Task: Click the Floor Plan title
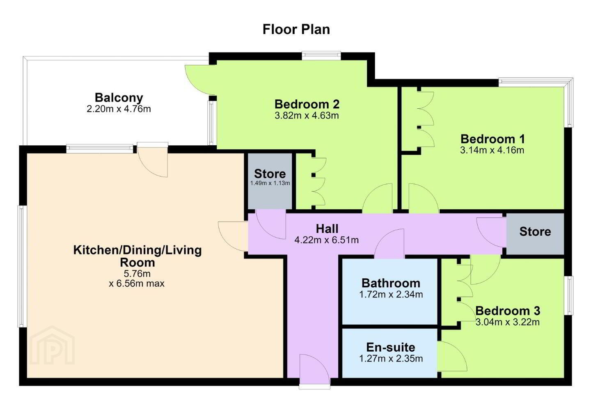point(296,29)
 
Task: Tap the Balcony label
point(119,98)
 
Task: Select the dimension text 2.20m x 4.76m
point(119,109)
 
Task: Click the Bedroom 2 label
point(307,104)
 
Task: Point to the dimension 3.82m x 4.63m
point(307,115)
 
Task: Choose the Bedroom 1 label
point(492,139)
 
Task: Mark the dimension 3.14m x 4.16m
point(492,150)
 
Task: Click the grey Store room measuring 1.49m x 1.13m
point(270,181)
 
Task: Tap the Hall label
point(327,229)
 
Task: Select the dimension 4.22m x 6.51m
point(327,240)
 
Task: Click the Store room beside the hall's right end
point(535,234)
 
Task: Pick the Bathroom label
point(391,283)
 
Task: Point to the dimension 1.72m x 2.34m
point(391,294)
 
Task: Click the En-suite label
point(391,347)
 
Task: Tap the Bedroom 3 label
point(508,311)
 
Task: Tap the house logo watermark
point(52,345)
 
